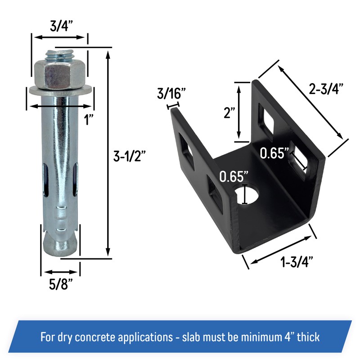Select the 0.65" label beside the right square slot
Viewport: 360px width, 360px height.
[274, 154]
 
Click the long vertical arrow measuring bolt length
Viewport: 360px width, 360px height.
[108, 153]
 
